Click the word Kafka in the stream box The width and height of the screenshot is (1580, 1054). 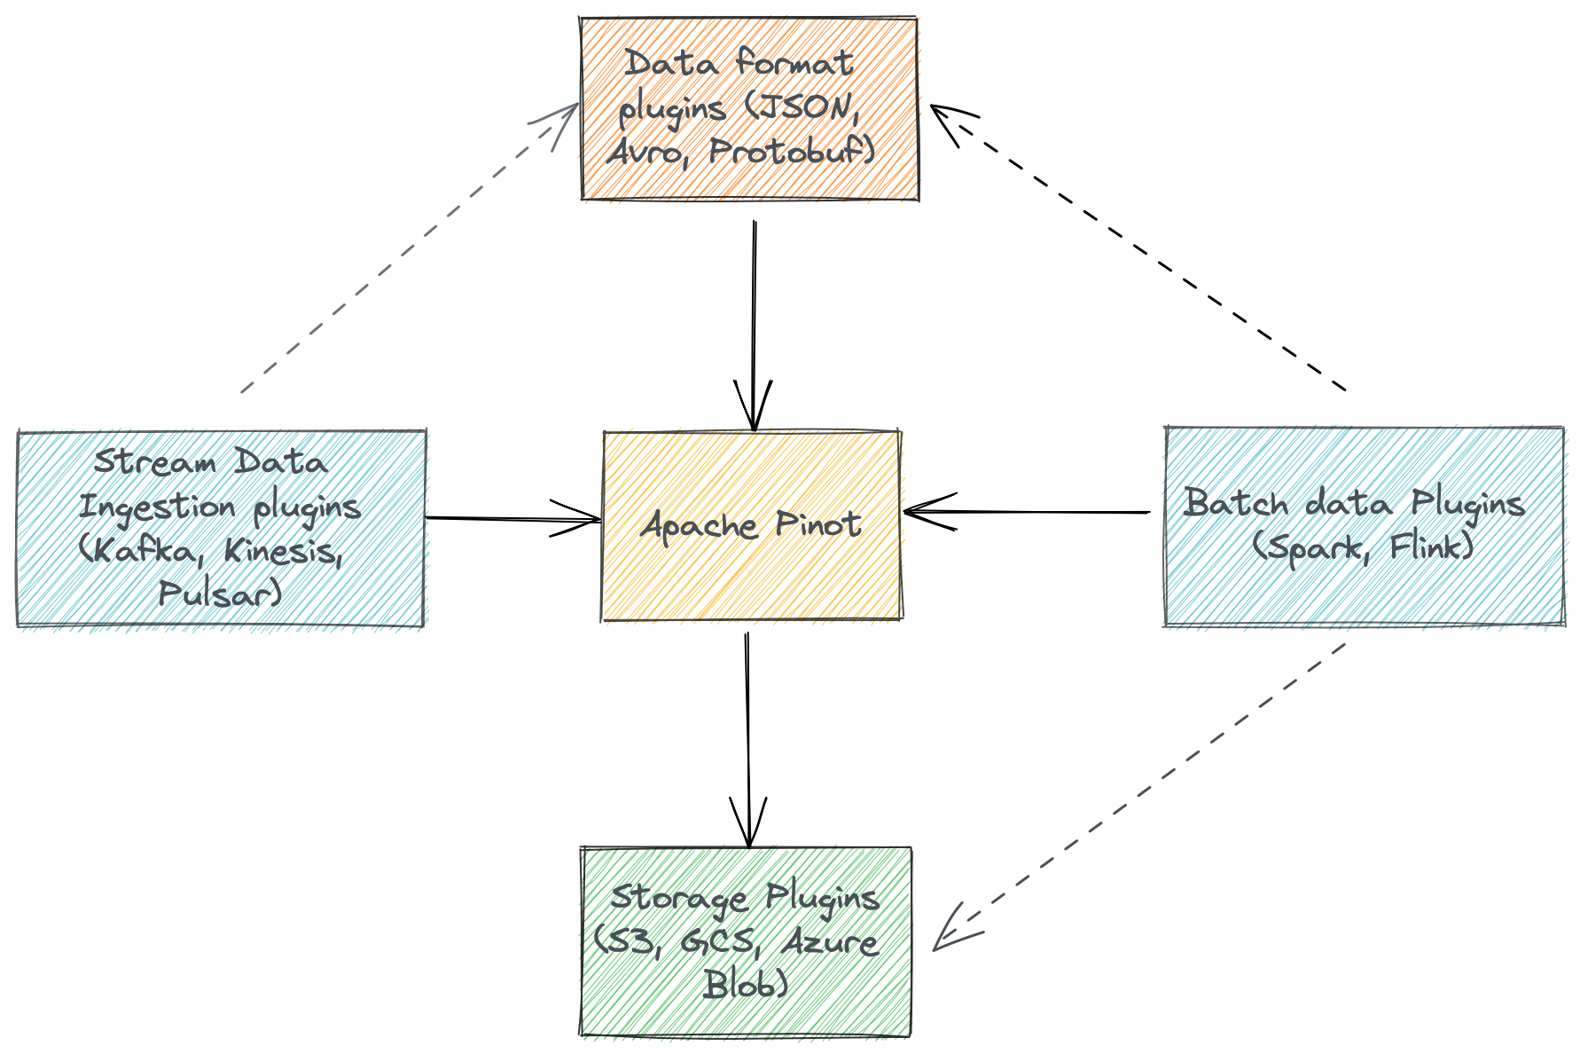[x=141, y=551]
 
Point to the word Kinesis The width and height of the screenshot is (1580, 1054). [x=282, y=551]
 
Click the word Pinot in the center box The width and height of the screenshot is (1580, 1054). [x=818, y=524]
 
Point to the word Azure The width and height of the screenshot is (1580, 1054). [x=831, y=941]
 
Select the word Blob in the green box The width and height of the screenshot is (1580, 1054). [x=745, y=984]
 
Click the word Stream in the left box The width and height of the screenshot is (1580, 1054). [x=155, y=462]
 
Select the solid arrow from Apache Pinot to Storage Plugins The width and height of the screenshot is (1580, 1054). [x=748, y=736]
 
